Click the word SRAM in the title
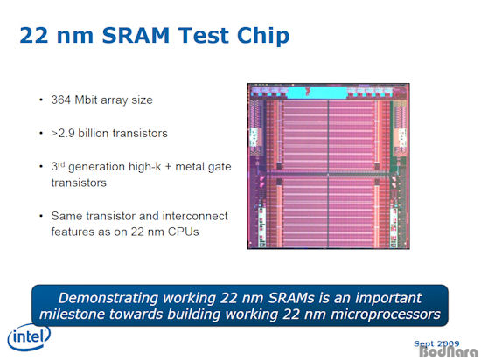pos(136,36)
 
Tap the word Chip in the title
pos(263,36)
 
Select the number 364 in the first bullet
pos(61,100)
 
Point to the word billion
pos(94,134)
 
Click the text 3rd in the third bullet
pos(58,166)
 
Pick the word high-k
pos(145,167)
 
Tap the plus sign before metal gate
pos(168,167)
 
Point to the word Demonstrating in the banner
pos(108,298)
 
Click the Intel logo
pos(29,336)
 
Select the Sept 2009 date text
pos(436,343)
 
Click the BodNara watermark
pos(449,351)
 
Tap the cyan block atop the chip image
pos(317,93)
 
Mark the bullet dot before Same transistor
pos(41,216)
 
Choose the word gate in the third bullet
pos(219,167)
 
